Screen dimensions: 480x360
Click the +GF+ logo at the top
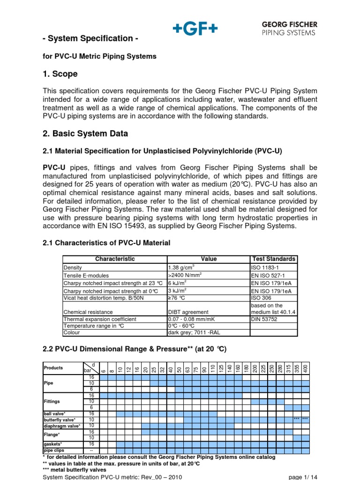[195, 29]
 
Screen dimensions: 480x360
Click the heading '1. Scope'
[60, 74]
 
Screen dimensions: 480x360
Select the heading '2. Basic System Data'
[85, 134]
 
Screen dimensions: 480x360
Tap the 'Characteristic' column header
[115, 259]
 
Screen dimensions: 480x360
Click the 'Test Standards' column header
[274, 259]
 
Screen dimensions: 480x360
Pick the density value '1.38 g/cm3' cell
[181, 267]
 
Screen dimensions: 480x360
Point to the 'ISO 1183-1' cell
[265, 267]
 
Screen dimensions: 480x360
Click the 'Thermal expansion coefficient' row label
[100, 319]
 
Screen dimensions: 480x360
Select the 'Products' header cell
[53, 368]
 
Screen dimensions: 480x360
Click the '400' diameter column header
[305, 369]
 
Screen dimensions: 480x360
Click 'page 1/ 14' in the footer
[303, 477]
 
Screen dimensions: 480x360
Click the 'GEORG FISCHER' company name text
[288, 24]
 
